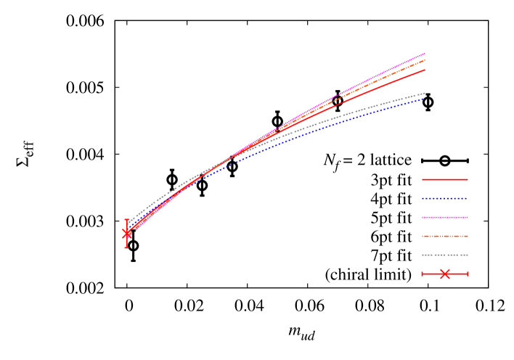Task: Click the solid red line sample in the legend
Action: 445,179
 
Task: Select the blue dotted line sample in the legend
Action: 445,198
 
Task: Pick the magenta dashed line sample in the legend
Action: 445,217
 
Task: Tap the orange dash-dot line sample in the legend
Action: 445,236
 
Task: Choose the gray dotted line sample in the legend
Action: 445,255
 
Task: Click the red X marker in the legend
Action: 445,274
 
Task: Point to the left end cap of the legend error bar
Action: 423,274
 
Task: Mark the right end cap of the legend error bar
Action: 468,274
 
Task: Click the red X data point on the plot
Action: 127,233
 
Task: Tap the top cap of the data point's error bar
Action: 127,219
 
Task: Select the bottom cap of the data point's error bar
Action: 127,247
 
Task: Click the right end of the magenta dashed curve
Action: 425,54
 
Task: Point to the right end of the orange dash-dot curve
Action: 425,61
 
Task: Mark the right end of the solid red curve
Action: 425,70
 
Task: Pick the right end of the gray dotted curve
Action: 425,93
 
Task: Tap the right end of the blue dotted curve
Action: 424,99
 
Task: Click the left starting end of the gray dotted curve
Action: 129,221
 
